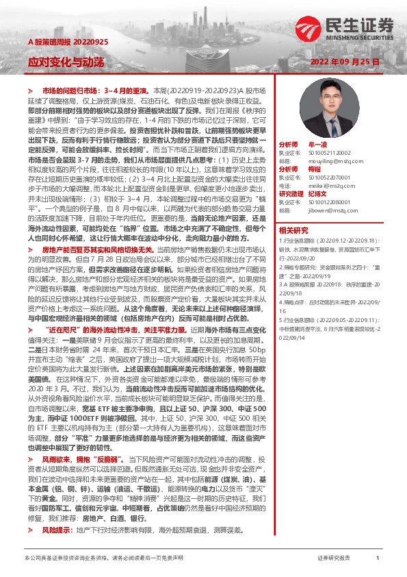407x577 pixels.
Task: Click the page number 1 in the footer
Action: pos(377,558)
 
